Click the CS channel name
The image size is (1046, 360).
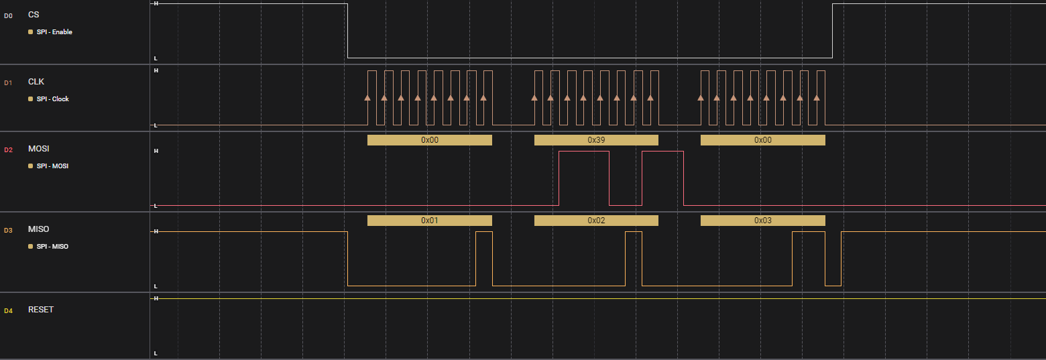click(34, 15)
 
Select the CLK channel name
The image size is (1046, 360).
click(36, 82)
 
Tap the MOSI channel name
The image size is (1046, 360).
click(38, 148)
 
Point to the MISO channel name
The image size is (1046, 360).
click(38, 229)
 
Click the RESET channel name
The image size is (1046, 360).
click(41, 309)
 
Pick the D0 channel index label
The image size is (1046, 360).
click(9, 16)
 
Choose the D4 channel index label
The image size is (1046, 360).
click(9, 310)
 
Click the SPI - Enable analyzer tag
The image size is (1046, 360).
click(54, 32)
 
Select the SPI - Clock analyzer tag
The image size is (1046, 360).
click(53, 99)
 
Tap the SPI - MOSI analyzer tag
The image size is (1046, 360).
click(52, 166)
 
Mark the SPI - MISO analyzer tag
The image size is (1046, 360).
click(52, 246)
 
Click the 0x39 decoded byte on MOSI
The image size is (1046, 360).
click(596, 140)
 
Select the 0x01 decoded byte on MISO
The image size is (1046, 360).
click(430, 221)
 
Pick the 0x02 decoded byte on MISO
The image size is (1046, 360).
click(596, 221)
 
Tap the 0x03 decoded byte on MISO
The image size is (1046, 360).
click(763, 221)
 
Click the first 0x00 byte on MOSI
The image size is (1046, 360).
click(430, 140)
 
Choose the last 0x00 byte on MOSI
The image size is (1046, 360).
click(763, 140)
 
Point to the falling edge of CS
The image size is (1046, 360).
click(347, 31)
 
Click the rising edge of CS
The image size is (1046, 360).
click(833, 31)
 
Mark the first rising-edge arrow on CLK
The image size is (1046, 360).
click(367, 98)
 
